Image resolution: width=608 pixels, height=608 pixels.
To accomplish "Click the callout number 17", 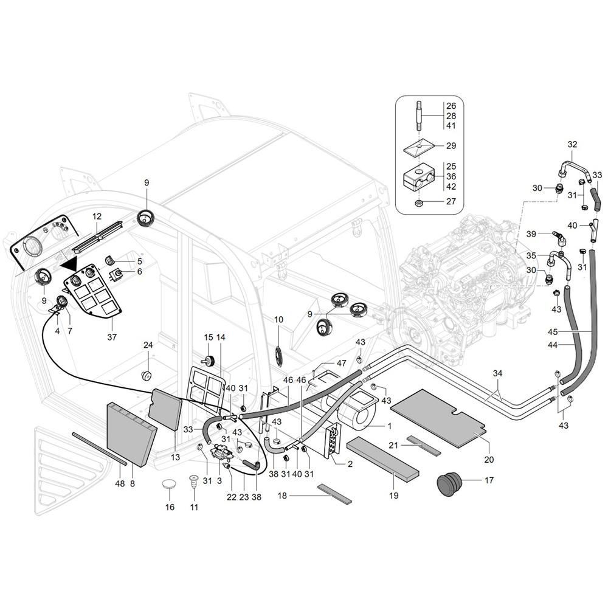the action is (x=489, y=480).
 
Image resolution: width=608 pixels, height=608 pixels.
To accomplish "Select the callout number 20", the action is (x=489, y=459).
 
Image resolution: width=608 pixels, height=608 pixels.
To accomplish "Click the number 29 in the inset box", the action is (x=451, y=146).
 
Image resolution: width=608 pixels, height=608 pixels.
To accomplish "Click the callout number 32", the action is (x=572, y=144).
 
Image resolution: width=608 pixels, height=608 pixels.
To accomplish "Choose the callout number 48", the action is (x=120, y=483).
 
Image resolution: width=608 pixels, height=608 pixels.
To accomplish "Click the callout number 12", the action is (x=97, y=216).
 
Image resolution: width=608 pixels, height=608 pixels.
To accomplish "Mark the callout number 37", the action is (x=112, y=337).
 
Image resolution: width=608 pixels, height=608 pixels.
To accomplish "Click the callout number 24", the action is (x=148, y=345).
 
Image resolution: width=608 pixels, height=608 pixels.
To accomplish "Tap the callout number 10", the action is (x=279, y=320).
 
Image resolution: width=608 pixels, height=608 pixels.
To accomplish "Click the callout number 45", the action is (x=553, y=332).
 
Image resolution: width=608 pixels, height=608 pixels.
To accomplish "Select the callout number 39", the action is (x=531, y=234).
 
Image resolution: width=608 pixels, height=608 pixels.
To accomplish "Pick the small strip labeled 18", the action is (x=334, y=493).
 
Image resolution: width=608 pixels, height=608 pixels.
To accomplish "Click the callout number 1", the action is (x=389, y=426).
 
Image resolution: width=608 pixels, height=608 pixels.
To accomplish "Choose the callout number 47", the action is (x=341, y=364).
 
